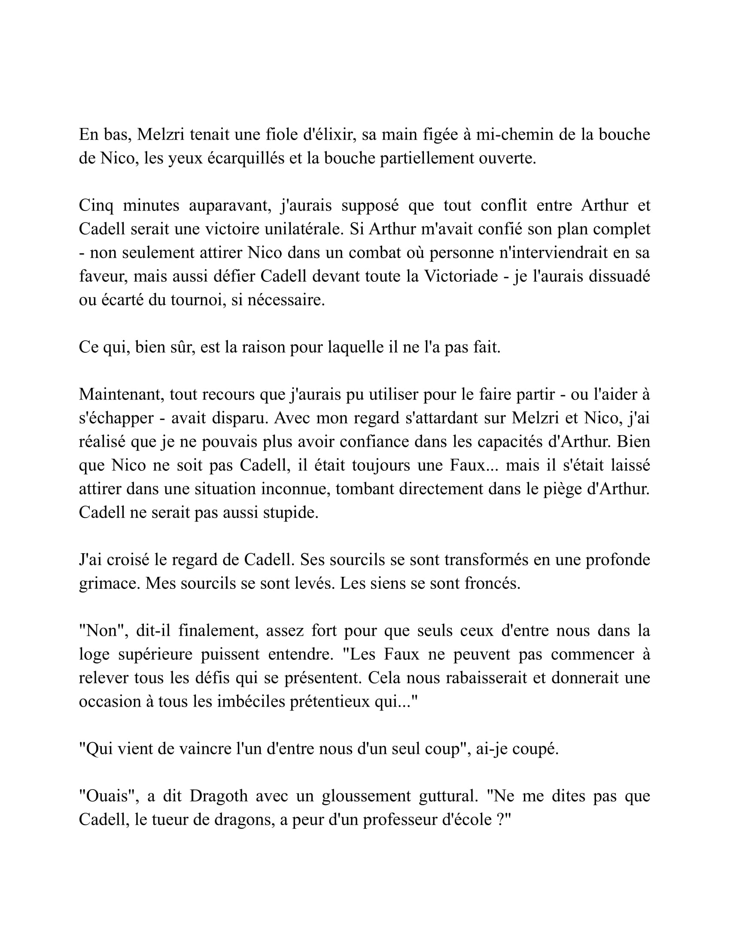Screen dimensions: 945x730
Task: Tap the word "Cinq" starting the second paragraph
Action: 96,205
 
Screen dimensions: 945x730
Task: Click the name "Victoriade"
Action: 461,276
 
